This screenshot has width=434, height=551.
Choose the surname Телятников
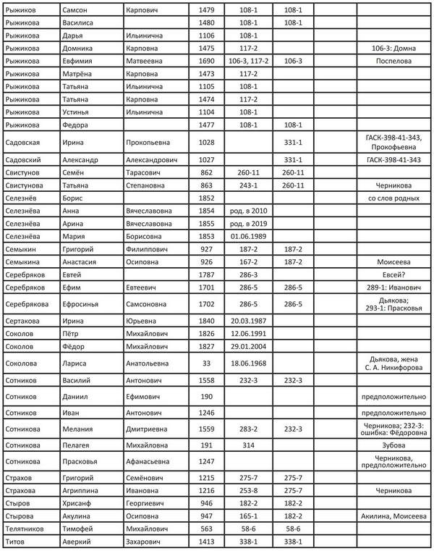[30, 529]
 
